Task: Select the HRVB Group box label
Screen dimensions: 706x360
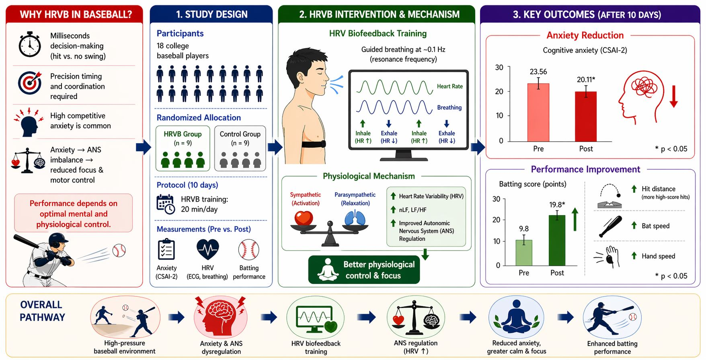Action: click(x=183, y=134)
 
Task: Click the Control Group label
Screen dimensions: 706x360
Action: click(x=240, y=134)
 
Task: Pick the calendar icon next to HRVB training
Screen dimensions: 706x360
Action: click(x=165, y=204)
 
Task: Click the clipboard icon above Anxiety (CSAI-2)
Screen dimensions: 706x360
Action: click(x=166, y=249)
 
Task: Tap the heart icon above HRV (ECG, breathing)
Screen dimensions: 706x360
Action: click(x=207, y=249)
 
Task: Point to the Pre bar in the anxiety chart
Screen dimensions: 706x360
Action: click(x=538, y=112)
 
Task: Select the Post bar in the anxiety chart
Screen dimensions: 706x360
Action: click(x=586, y=117)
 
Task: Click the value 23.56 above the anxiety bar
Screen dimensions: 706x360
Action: click(x=538, y=72)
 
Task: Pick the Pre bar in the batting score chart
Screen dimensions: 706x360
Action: click(x=524, y=253)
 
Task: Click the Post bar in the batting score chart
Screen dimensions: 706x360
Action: click(x=557, y=240)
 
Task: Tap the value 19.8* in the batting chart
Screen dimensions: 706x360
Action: click(x=557, y=204)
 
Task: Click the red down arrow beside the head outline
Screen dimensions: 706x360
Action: click(x=674, y=96)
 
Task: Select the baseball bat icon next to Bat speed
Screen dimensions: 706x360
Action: click(x=610, y=226)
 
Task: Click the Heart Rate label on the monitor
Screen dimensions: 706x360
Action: click(x=450, y=86)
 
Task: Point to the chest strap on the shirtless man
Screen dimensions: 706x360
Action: click(x=314, y=144)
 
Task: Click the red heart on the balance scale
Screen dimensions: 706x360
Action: click(x=304, y=219)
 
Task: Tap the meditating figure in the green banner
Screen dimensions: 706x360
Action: click(x=328, y=269)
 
